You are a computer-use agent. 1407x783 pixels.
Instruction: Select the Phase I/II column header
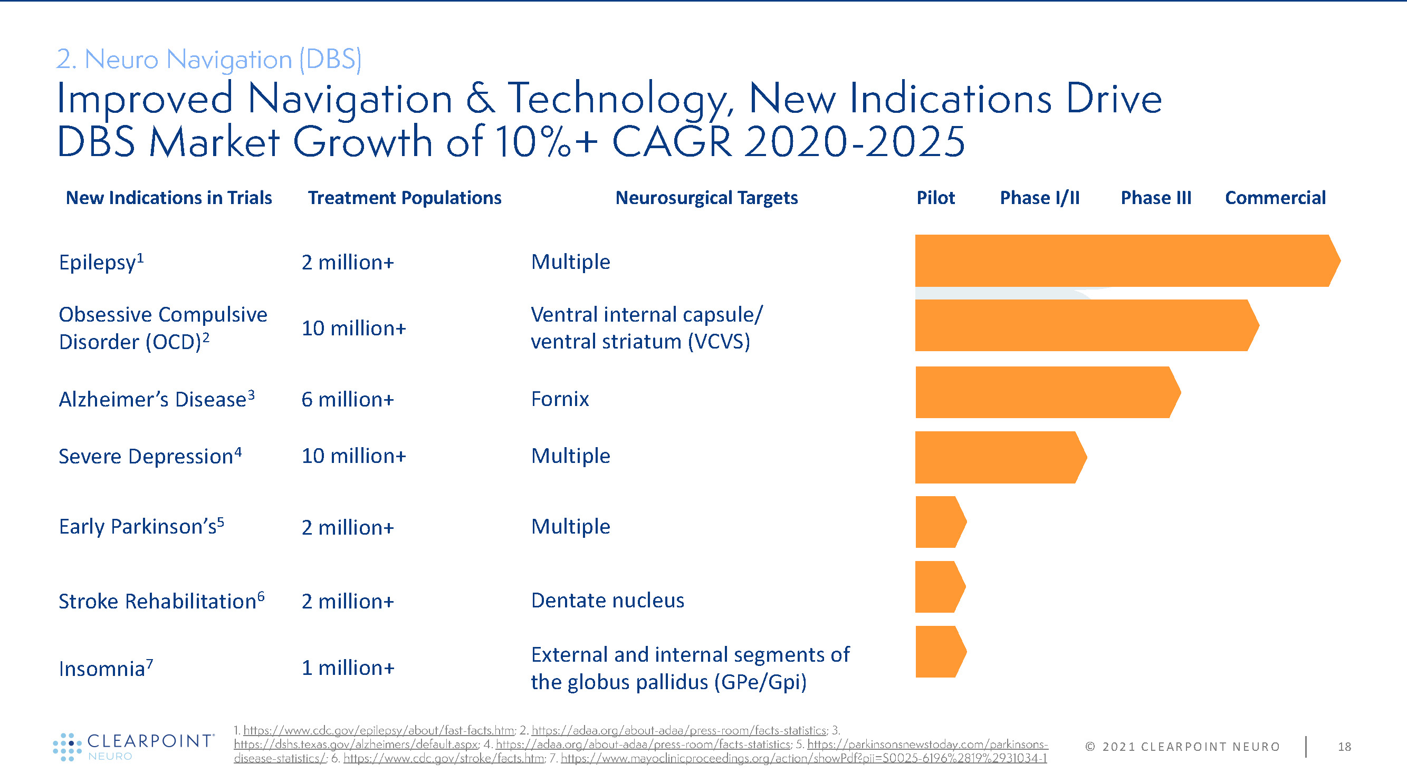pos(1039,198)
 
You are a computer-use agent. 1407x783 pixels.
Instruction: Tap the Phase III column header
pos(1156,198)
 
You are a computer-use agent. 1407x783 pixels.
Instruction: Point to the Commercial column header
pos(1275,198)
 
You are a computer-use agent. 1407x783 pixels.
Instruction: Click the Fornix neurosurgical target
pos(560,399)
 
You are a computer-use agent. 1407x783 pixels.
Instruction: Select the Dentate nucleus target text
pos(607,601)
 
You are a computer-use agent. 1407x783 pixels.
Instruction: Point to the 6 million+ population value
pos(347,400)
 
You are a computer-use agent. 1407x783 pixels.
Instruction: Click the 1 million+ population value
pos(347,668)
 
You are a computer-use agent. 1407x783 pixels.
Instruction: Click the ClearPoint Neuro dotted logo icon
pos(66,747)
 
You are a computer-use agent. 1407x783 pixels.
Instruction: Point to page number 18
pos(1344,747)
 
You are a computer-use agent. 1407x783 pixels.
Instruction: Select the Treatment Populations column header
pos(404,198)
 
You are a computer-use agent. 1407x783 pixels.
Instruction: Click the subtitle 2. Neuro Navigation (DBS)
pos(208,59)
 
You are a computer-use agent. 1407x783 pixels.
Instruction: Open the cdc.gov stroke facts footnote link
pos(444,758)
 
